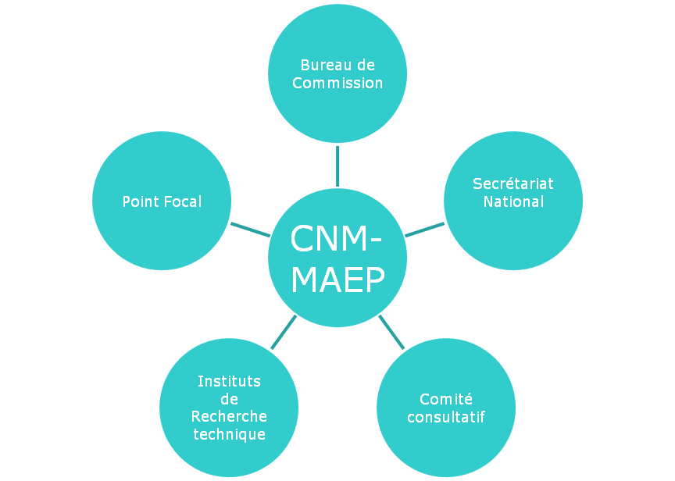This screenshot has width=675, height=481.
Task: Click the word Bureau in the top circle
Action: click(322, 66)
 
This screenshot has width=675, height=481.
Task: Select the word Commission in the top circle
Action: click(337, 83)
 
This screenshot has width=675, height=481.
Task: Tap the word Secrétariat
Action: click(512, 184)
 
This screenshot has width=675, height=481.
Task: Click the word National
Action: click(512, 201)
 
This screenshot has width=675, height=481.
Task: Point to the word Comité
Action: click(445, 399)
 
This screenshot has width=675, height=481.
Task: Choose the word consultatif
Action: click(445, 417)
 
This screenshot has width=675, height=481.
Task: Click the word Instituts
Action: click(229, 381)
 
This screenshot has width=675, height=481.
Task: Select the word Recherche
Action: click(229, 416)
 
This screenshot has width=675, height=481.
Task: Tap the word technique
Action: click(229, 434)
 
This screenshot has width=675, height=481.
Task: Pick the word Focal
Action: click(182, 201)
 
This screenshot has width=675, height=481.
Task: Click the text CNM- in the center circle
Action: click(337, 239)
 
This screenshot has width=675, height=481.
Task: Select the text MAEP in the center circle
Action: click(337, 280)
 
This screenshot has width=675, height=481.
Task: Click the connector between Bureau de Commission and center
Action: click(337, 165)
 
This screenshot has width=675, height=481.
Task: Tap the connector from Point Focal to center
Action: click(250, 229)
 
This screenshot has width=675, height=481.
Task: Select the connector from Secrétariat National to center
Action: click(424, 230)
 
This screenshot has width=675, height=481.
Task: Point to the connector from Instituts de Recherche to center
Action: click(283, 332)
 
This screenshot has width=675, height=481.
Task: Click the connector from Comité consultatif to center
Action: click(391, 332)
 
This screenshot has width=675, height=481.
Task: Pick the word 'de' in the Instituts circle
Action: click(229, 399)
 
